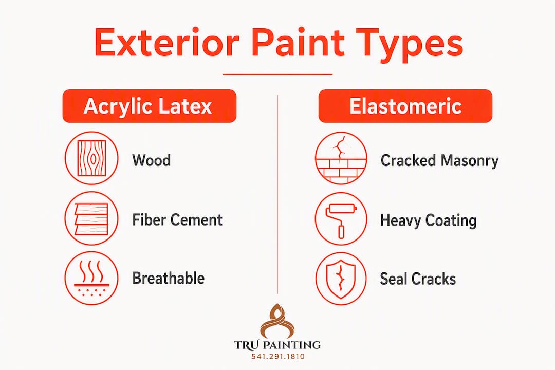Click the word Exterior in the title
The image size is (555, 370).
pos(166,43)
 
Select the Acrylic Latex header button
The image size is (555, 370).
pos(150,106)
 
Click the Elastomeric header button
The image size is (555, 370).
pos(405,106)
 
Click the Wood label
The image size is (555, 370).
pos(152,160)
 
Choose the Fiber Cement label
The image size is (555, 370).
pos(177,219)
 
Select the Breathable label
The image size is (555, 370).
pos(169,278)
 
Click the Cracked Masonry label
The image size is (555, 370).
pos(439,160)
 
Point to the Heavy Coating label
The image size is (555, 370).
pos(428,220)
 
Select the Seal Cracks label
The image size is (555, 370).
pos(418,279)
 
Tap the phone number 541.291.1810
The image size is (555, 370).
pos(278,357)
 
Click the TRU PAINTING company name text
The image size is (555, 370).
pos(277,345)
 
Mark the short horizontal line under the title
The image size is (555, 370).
pos(277,75)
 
